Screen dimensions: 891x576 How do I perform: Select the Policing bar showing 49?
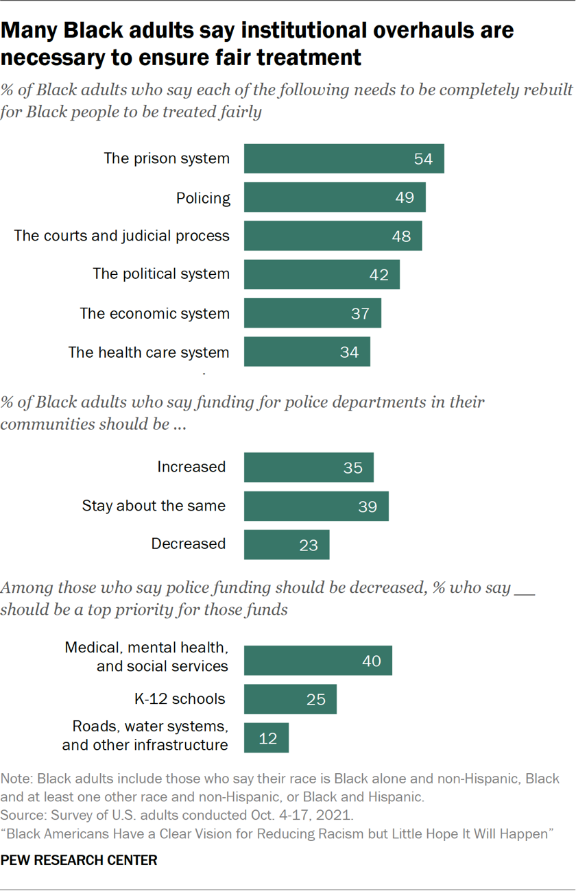pyautogui.click(x=334, y=197)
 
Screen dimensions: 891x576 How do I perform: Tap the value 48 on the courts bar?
pyautogui.click(x=401, y=236)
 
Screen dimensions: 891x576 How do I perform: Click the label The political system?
pyautogui.click(x=161, y=274)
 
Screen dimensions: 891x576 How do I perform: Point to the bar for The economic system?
pyautogui.click(x=312, y=313)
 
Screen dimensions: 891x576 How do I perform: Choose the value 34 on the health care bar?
pyautogui.click(x=349, y=352)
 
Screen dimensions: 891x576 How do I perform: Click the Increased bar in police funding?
pyautogui.click(x=309, y=467)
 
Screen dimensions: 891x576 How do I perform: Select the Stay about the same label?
pyautogui.click(x=154, y=506)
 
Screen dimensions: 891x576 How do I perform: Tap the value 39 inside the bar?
pyautogui.click(x=368, y=506)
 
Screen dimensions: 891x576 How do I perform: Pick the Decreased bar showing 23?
pyautogui.click(x=286, y=545)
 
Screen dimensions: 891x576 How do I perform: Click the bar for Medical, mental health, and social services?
pyautogui.click(x=317, y=661)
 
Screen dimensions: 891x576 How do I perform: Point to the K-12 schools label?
pyautogui.click(x=180, y=699)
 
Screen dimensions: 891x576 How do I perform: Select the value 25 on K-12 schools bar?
pyautogui.click(x=316, y=700)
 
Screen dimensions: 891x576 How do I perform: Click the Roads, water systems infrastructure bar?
pyautogui.click(x=266, y=738)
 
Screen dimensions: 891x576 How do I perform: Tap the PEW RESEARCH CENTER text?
pyautogui.click(x=79, y=860)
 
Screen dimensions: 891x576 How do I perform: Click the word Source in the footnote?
pyautogui.click(x=21, y=816)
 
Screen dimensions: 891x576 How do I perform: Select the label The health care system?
pyautogui.click(x=149, y=352)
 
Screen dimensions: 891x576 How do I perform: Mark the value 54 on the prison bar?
pyautogui.click(x=423, y=159)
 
